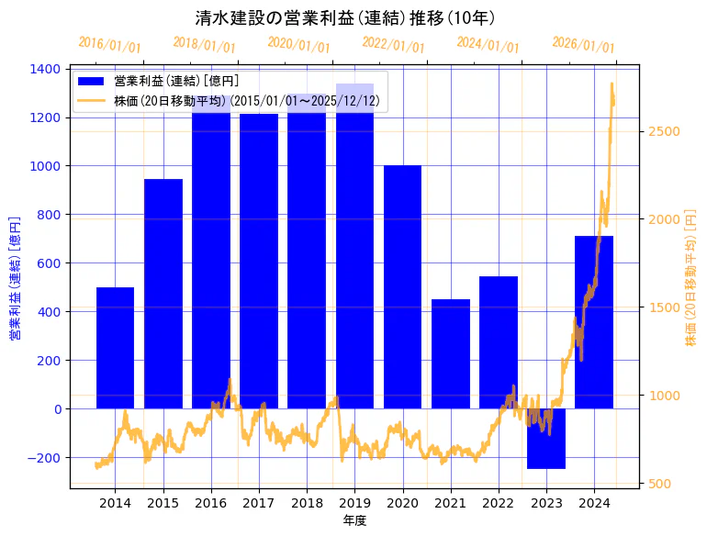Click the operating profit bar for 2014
click(x=115, y=349)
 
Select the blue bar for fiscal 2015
click(x=163, y=294)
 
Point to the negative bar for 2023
click(x=546, y=439)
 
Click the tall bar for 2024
click(x=594, y=322)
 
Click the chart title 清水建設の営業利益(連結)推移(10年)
click(x=346, y=17)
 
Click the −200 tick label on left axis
click(x=40, y=457)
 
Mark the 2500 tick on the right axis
click(x=663, y=131)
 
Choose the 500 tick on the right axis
click(x=659, y=484)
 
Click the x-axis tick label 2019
click(x=354, y=503)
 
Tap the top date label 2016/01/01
click(x=109, y=43)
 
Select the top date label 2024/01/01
click(x=488, y=43)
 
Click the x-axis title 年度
click(x=354, y=520)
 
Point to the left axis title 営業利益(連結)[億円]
click(x=15, y=278)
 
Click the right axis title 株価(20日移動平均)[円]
click(x=690, y=278)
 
